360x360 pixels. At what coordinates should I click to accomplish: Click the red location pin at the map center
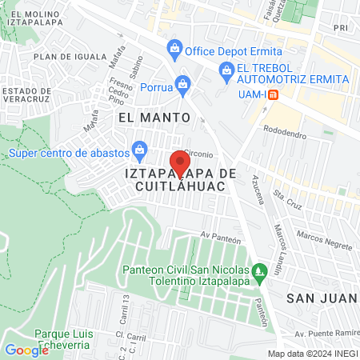(x=180, y=163)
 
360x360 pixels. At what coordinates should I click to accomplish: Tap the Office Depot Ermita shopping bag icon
(x=174, y=50)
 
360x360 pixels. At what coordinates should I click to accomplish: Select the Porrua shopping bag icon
(x=183, y=83)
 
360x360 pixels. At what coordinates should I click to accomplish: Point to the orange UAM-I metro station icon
(x=274, y=94)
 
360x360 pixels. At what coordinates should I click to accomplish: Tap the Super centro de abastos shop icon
(x=140, y=149)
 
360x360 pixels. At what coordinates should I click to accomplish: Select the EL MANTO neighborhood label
(x=154, y=117)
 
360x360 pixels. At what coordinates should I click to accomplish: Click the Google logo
(x=26, y=350)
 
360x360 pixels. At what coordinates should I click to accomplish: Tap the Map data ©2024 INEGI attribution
(x=312, y=354)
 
